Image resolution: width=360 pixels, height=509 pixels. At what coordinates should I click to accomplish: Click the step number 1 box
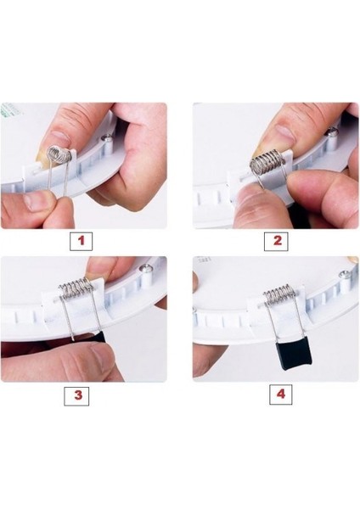tap(81, 241)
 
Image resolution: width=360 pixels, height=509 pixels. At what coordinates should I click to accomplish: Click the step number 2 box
tap(276, 242)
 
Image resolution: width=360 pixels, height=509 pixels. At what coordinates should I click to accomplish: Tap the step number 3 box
tap(76, 396)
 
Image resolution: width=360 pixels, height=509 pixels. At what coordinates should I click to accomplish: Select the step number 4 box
tap(281, 394)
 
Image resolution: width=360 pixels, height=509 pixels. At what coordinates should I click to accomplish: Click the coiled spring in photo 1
tap(59, 154)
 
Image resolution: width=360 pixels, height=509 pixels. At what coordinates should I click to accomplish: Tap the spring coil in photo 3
tap(76, 288)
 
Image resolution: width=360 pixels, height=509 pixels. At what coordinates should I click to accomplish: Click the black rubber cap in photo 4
tap(293, 355)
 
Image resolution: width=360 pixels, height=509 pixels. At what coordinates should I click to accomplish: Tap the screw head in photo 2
tap(333, 131)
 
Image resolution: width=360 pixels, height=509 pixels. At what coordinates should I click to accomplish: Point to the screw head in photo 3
tap(145, 268)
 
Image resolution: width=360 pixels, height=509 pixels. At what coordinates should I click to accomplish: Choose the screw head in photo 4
tap(344, 275)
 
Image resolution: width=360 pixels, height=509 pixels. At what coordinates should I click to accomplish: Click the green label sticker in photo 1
tap(10, 109)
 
